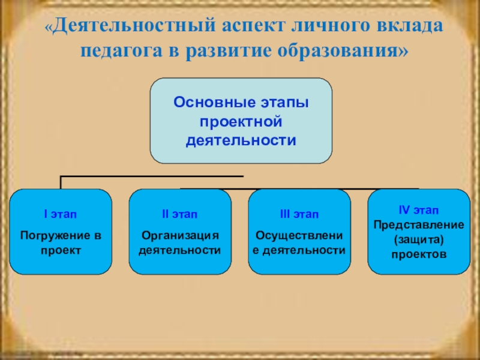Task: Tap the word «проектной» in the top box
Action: coord(241,122)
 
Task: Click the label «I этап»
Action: coord(61,214)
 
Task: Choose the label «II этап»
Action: coord(179,214)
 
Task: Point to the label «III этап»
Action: coord(299,214)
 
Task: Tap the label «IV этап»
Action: coord(418,210)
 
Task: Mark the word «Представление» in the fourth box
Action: coord(419,225)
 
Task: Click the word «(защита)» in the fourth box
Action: coord(418,239)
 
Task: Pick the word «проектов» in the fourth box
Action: coord(418,254)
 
